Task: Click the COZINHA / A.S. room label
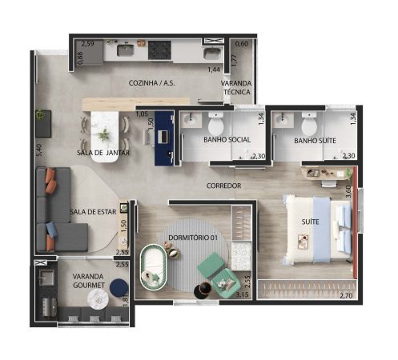[151, 83]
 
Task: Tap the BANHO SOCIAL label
[227, 139]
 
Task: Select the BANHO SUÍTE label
[315, 141]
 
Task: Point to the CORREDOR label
[223, 186]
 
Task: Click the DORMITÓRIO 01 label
[193, 238]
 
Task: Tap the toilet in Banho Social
[215, 125]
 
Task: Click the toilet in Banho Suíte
[309, 125]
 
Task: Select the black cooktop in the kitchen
[159, 50]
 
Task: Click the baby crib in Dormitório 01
[154, 267]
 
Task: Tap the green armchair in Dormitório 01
[219, 274]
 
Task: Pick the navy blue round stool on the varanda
[119, 287]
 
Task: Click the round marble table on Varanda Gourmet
[98, 299]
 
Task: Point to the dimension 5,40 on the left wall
[39, 150]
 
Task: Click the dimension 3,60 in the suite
[348, 191]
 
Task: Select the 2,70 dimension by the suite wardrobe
[346, 295]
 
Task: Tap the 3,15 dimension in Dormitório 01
[242, 294]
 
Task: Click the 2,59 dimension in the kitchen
[88, 43]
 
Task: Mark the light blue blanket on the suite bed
[322, 230]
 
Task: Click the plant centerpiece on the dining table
[103, 135]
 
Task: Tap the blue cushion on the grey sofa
[51, 230]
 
